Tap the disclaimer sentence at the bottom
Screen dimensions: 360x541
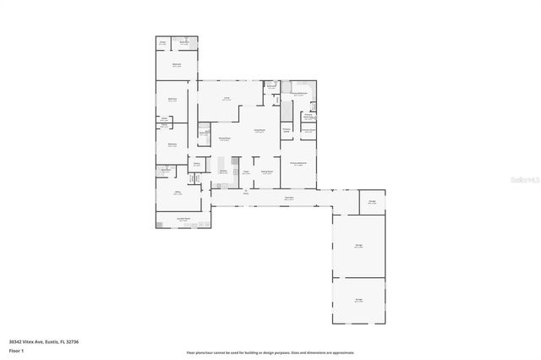[x=270, y=352]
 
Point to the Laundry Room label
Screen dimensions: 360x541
[x=183, y=218]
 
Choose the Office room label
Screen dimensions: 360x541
[x=178, y=193]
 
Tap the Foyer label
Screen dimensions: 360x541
[x=246, y=171]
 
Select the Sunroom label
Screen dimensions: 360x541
[x=288, y=199]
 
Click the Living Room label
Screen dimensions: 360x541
[x=260, y=129]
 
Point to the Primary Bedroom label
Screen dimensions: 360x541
[x=298, y=163]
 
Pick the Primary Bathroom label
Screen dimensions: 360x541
[x=298, y=95]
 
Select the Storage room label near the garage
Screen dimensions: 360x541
[x=372, y=201]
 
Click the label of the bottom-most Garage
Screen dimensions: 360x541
[x=358, y=300]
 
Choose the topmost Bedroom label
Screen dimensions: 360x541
[x=178, y=64]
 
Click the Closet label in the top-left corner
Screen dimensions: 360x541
[x=162, y=41]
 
